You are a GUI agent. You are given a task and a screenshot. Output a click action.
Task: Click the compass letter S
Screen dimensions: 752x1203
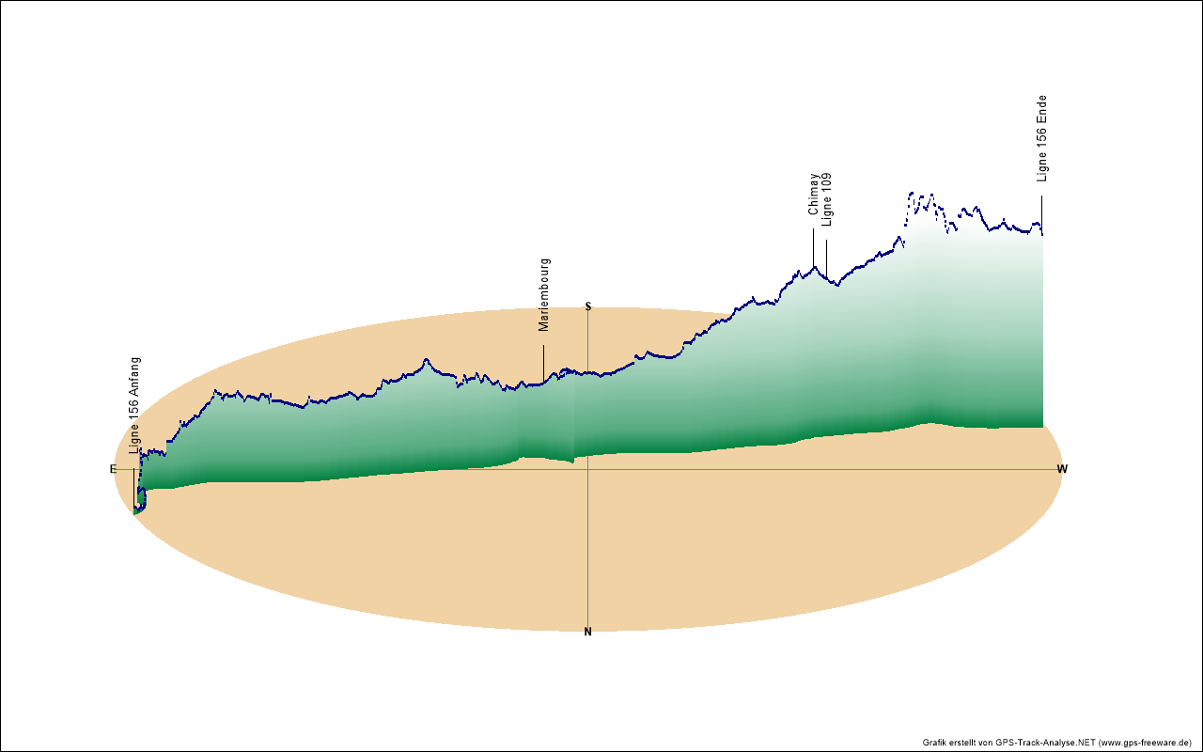(588, 306)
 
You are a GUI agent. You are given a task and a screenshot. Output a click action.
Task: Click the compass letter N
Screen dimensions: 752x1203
(588, 632)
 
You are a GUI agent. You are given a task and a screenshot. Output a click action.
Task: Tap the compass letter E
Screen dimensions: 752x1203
(113, 469)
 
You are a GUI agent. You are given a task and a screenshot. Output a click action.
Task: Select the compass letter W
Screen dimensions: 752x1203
(1062, 469)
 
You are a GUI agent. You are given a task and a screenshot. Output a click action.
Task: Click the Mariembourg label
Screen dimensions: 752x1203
(544, 294)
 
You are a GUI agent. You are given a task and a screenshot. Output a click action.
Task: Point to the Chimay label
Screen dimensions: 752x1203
(814, 194)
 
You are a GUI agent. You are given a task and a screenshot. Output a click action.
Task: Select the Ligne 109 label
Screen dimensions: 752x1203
(827, 199)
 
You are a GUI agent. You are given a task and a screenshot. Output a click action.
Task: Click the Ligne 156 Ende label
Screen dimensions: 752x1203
(1041, 138)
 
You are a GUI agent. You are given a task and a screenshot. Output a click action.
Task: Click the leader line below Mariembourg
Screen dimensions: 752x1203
(543, 362)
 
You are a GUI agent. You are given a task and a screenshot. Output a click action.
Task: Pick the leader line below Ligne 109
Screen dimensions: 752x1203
(827, 256)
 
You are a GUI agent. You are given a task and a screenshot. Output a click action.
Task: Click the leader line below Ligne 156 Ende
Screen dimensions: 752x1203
(1041, 212)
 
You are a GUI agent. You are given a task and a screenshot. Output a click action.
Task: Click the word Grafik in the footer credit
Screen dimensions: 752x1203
(935, 743)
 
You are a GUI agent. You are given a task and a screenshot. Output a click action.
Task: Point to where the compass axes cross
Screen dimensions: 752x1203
(588, 469)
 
